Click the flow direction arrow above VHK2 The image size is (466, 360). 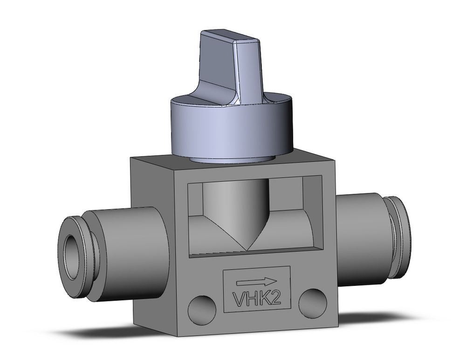257,281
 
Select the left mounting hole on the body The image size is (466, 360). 202,307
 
